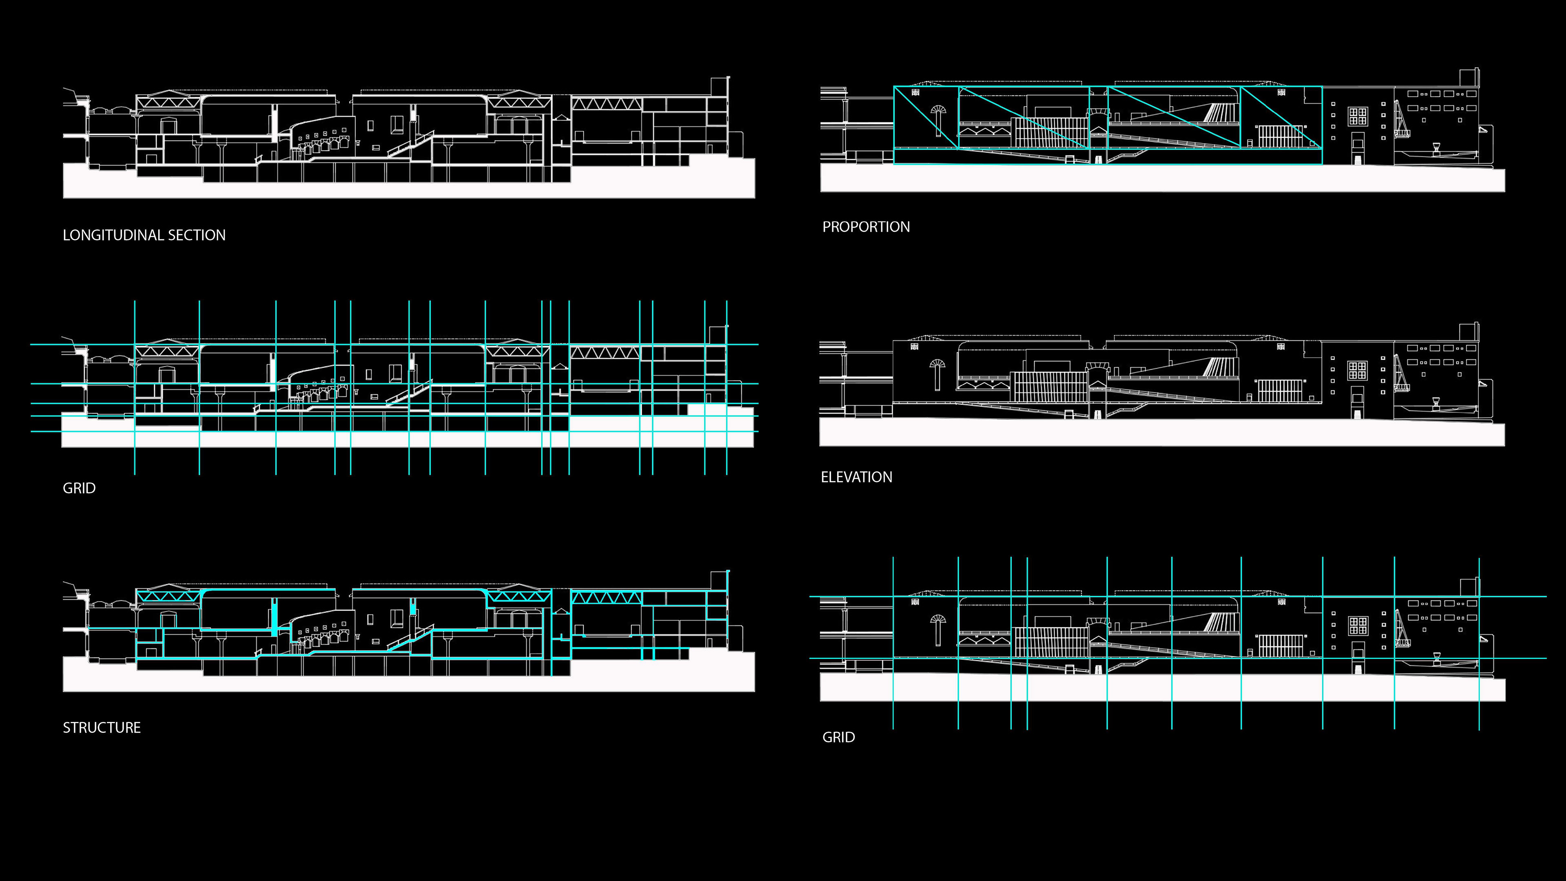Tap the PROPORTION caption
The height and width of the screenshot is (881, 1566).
click(x=866, y=227)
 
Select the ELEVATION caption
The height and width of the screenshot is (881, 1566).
click(x=856, y=477)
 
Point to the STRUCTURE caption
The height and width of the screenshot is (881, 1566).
click(x=102, y=728)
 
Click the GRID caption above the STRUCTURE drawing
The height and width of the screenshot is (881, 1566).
click(x=79, y=488)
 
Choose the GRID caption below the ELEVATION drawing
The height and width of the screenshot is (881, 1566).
click(x=838, y=737)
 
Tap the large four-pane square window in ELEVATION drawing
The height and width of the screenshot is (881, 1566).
click(x=1358, y=370)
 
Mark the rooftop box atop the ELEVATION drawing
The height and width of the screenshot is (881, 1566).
click(x=1468, y=332)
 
